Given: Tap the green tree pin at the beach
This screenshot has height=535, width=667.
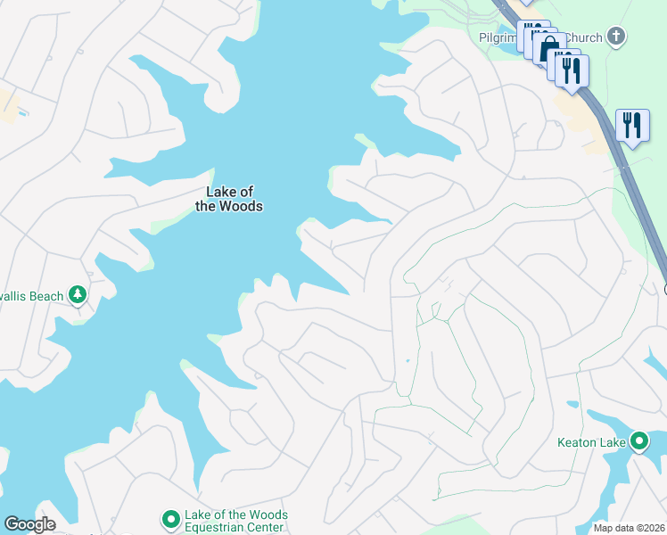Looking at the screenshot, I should pos(78,295).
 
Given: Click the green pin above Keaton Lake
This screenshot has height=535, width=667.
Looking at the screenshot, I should pos(638,440).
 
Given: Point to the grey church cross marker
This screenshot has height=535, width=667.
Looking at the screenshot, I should pos(615,37).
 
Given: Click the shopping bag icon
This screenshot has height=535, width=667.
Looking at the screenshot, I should pos(549,45).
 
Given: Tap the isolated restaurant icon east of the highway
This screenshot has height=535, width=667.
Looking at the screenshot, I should pos(632,125).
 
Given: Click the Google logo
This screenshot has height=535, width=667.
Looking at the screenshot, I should pos(29,524).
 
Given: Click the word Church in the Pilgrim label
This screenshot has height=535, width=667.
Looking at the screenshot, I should pos(585,38).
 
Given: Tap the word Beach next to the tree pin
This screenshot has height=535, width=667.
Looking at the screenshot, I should pos(46,296).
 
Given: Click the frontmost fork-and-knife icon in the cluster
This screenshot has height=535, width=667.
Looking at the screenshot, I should pos(572,70).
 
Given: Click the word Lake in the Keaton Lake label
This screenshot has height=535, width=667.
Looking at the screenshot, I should pos(614,441).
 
